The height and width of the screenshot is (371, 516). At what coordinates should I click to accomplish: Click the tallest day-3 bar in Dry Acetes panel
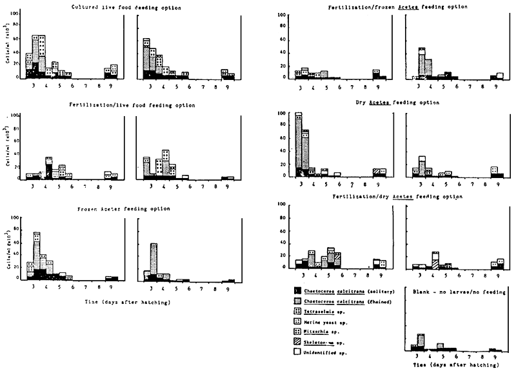[298, 142]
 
